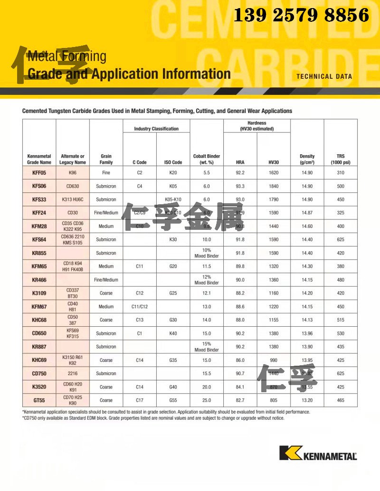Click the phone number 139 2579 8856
tap(301, 16)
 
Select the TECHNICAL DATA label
tap(324, 76)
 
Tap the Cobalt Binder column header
tap(207, 159)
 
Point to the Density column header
tap(307, 159)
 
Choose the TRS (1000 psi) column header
tap(340, 159)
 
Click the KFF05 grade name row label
tap(39, 173)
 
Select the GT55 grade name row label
tap(39, 400)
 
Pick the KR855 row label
tap(39, 253)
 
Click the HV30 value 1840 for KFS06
tap(273, 186)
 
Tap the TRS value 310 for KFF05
tap(340, 173)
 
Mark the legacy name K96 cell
tap(73, 173)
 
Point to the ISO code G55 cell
tap(173, 400)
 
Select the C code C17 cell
tap(140, 400)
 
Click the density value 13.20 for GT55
tap(307, 400)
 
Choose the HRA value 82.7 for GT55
tap(240, 400)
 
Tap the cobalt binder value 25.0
tap(207, 400)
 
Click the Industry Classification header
tap(156, 129)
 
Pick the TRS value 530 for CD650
tap(340, 333)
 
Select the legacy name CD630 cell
tap(73, 186)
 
